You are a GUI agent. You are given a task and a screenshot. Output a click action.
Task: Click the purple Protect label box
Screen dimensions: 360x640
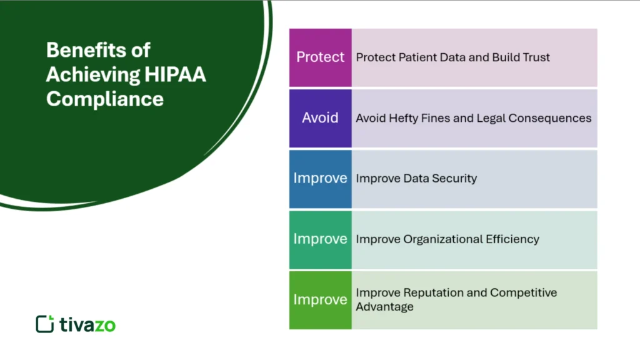click(320, 57)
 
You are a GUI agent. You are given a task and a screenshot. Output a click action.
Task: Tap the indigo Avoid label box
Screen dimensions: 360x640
click(320, 118)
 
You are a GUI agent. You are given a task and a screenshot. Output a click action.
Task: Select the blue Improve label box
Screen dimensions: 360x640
click(320, 179)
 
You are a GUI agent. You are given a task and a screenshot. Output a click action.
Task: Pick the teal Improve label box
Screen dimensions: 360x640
click(320, 239)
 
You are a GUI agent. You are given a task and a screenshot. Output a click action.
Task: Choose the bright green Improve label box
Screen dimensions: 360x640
click(320, 300)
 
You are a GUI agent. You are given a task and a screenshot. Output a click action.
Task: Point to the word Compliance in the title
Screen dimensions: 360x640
click(105, 99)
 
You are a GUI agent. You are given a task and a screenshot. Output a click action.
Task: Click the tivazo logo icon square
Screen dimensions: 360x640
click(44, 324)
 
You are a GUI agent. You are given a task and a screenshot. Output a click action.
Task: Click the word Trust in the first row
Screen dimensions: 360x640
click(534, 57)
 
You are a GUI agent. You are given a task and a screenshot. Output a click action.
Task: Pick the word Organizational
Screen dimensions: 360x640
click(443, 239)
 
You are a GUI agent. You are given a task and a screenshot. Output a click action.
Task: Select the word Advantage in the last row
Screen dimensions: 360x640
click(384, 307)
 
